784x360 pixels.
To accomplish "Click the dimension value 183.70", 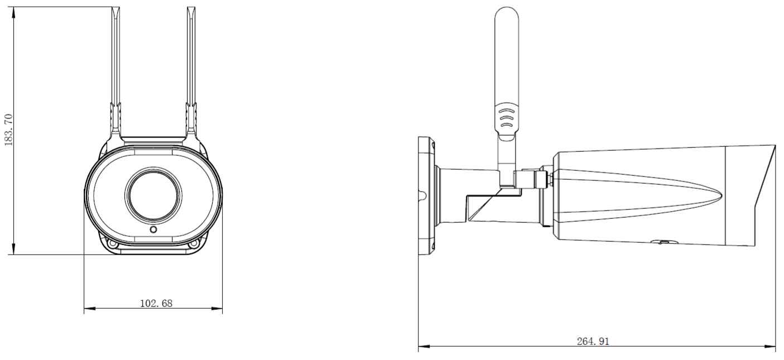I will point(8,129).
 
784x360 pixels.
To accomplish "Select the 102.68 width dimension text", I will point(156,304).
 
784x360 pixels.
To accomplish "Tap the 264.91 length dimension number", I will point(593,342).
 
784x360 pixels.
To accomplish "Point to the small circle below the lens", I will point(153,230).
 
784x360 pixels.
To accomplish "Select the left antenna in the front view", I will point(116,73).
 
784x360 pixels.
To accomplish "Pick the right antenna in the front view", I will point(191,73).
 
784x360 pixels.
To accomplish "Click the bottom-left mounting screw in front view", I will point(113,244).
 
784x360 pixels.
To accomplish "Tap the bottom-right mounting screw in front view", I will point(194,244).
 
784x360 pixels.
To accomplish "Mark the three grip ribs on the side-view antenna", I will point(506,118).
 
